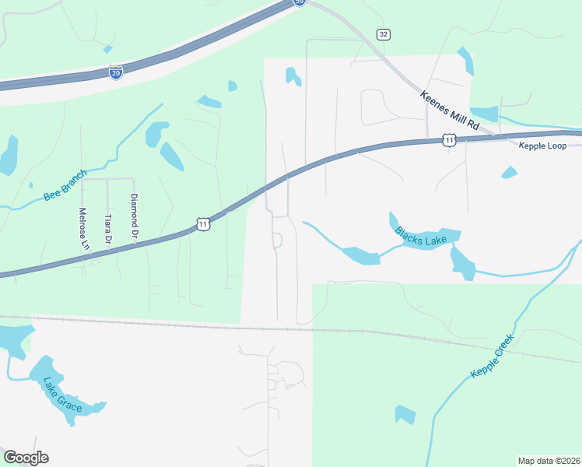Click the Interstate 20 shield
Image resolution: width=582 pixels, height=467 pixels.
pyautogui.click(x=115, y=72)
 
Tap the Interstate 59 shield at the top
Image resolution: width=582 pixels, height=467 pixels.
pyautogui.click(x=300, y=2)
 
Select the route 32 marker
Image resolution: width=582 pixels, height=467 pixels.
pyautogui.click(x=383, y=34)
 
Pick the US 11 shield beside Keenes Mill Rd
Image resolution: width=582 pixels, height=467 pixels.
pyautogui.click(x=449, y=139)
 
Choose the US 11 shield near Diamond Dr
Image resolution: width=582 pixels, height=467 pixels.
pyautogui.click(x=203, y=224)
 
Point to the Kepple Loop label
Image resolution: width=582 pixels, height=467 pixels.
pyautogui.click(x=542, y=146)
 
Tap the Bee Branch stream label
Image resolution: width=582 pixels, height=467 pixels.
pyautogui.click(x=66, y=185)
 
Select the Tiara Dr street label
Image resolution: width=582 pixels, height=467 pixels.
pyautogui.click(x=108, y=230)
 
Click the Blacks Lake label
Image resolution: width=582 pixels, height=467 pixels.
pyautogui.click(x=420, y=237)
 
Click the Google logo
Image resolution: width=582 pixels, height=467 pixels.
pyautogui.click(x=26, y=458)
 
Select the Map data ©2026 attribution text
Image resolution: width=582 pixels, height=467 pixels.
pyautogui.click(x=549, y=461)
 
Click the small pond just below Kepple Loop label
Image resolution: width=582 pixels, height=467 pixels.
pyautogui.click(x=509, y=172)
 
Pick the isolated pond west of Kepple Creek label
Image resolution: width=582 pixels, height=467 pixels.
pyautogui.click(x=405, y=414)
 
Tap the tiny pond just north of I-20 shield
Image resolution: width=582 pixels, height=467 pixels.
pyautogui.click(x=107, y=49)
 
